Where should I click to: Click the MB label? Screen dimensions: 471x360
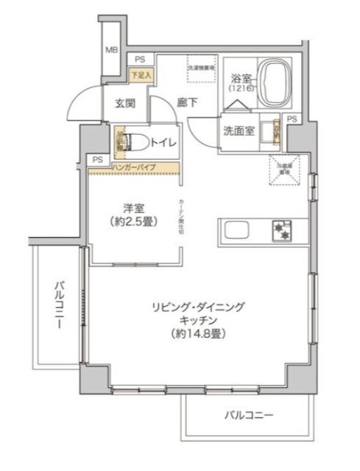(110, 50)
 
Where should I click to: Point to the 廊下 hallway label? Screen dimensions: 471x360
(187, 104)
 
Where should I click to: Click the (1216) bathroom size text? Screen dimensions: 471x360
(241, 88)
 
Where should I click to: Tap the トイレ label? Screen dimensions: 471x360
(163, 143)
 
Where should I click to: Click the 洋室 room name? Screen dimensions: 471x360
(133, 208)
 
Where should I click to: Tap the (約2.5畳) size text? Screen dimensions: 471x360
(133, 221)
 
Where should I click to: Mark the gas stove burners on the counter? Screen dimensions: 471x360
(282, 230)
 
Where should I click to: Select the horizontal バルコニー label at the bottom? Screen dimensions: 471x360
(249, 416)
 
